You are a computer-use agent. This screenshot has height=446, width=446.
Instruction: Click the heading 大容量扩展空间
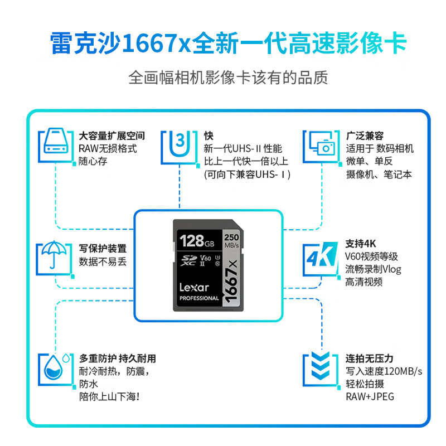point(111,136)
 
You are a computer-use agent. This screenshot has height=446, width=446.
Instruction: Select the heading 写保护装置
point(103,249)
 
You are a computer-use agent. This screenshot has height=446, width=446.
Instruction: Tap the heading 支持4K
point(362,244)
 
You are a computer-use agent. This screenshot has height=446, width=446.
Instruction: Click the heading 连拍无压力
point(369,358)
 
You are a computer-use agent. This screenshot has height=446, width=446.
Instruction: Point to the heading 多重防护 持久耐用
point(117,358)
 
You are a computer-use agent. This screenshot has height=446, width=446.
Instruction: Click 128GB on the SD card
point(197,241)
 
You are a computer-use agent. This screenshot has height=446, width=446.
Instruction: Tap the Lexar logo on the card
point(194,288)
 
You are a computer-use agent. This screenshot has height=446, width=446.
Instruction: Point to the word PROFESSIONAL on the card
point(199,298)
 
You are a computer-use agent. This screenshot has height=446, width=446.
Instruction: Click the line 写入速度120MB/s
point(384,371)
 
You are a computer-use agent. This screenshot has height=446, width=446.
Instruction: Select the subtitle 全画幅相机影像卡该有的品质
point(227,77)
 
